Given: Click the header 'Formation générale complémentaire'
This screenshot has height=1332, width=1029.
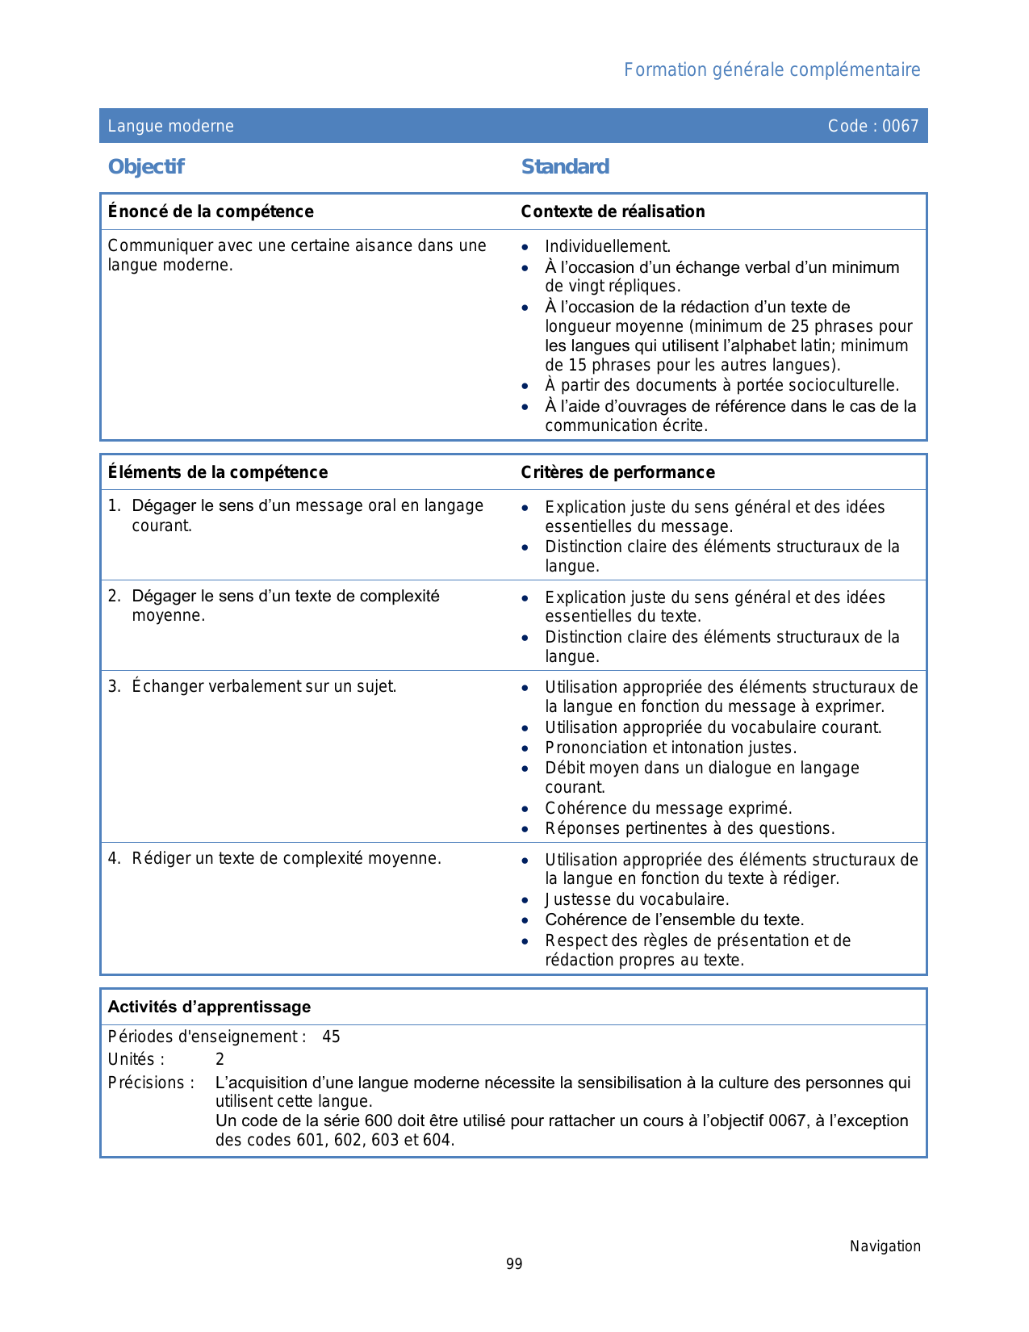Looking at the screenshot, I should tap(772, 70).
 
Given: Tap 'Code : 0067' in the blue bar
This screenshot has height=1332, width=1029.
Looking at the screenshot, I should tap(873, 126).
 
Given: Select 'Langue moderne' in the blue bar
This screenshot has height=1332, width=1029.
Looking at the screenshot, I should tap(171, 126).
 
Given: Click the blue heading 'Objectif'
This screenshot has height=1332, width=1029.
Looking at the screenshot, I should tap(146, 167).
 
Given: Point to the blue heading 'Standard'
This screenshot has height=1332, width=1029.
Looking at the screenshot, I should tap(565, 167).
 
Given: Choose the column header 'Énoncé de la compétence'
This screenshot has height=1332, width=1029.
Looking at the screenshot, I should tap(211, 212).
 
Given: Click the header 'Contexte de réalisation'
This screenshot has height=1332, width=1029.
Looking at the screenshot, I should tap(613, 212).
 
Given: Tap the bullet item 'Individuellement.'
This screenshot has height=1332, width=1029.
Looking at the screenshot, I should tap(608, 246).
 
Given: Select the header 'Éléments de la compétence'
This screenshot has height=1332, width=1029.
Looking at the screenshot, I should tap(218, 472).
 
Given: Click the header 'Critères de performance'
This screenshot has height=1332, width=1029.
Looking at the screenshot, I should tap(617, 472).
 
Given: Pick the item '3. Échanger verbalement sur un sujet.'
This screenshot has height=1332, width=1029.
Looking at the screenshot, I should tap(253, 686).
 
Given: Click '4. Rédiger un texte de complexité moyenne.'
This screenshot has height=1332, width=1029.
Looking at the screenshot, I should tap(275, 858).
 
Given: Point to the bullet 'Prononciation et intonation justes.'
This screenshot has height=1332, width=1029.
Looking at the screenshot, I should tap(671, 748).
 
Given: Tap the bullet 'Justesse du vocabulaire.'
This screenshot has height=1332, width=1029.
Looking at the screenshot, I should tap(637, 899).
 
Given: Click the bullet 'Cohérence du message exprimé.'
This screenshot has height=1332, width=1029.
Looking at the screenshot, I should tap(668, 808).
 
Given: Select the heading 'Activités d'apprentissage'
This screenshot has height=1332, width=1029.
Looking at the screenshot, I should tap(209, 1007).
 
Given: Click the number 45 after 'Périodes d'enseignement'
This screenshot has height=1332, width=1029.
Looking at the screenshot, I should tap(331, 1037).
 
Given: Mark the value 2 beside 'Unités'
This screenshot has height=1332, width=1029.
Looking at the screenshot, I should tap(220, 1059).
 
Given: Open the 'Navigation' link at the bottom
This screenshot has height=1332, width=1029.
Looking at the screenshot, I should tap(885, 1246).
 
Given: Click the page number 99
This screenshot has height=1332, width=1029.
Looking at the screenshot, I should tap(514, 1264).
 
